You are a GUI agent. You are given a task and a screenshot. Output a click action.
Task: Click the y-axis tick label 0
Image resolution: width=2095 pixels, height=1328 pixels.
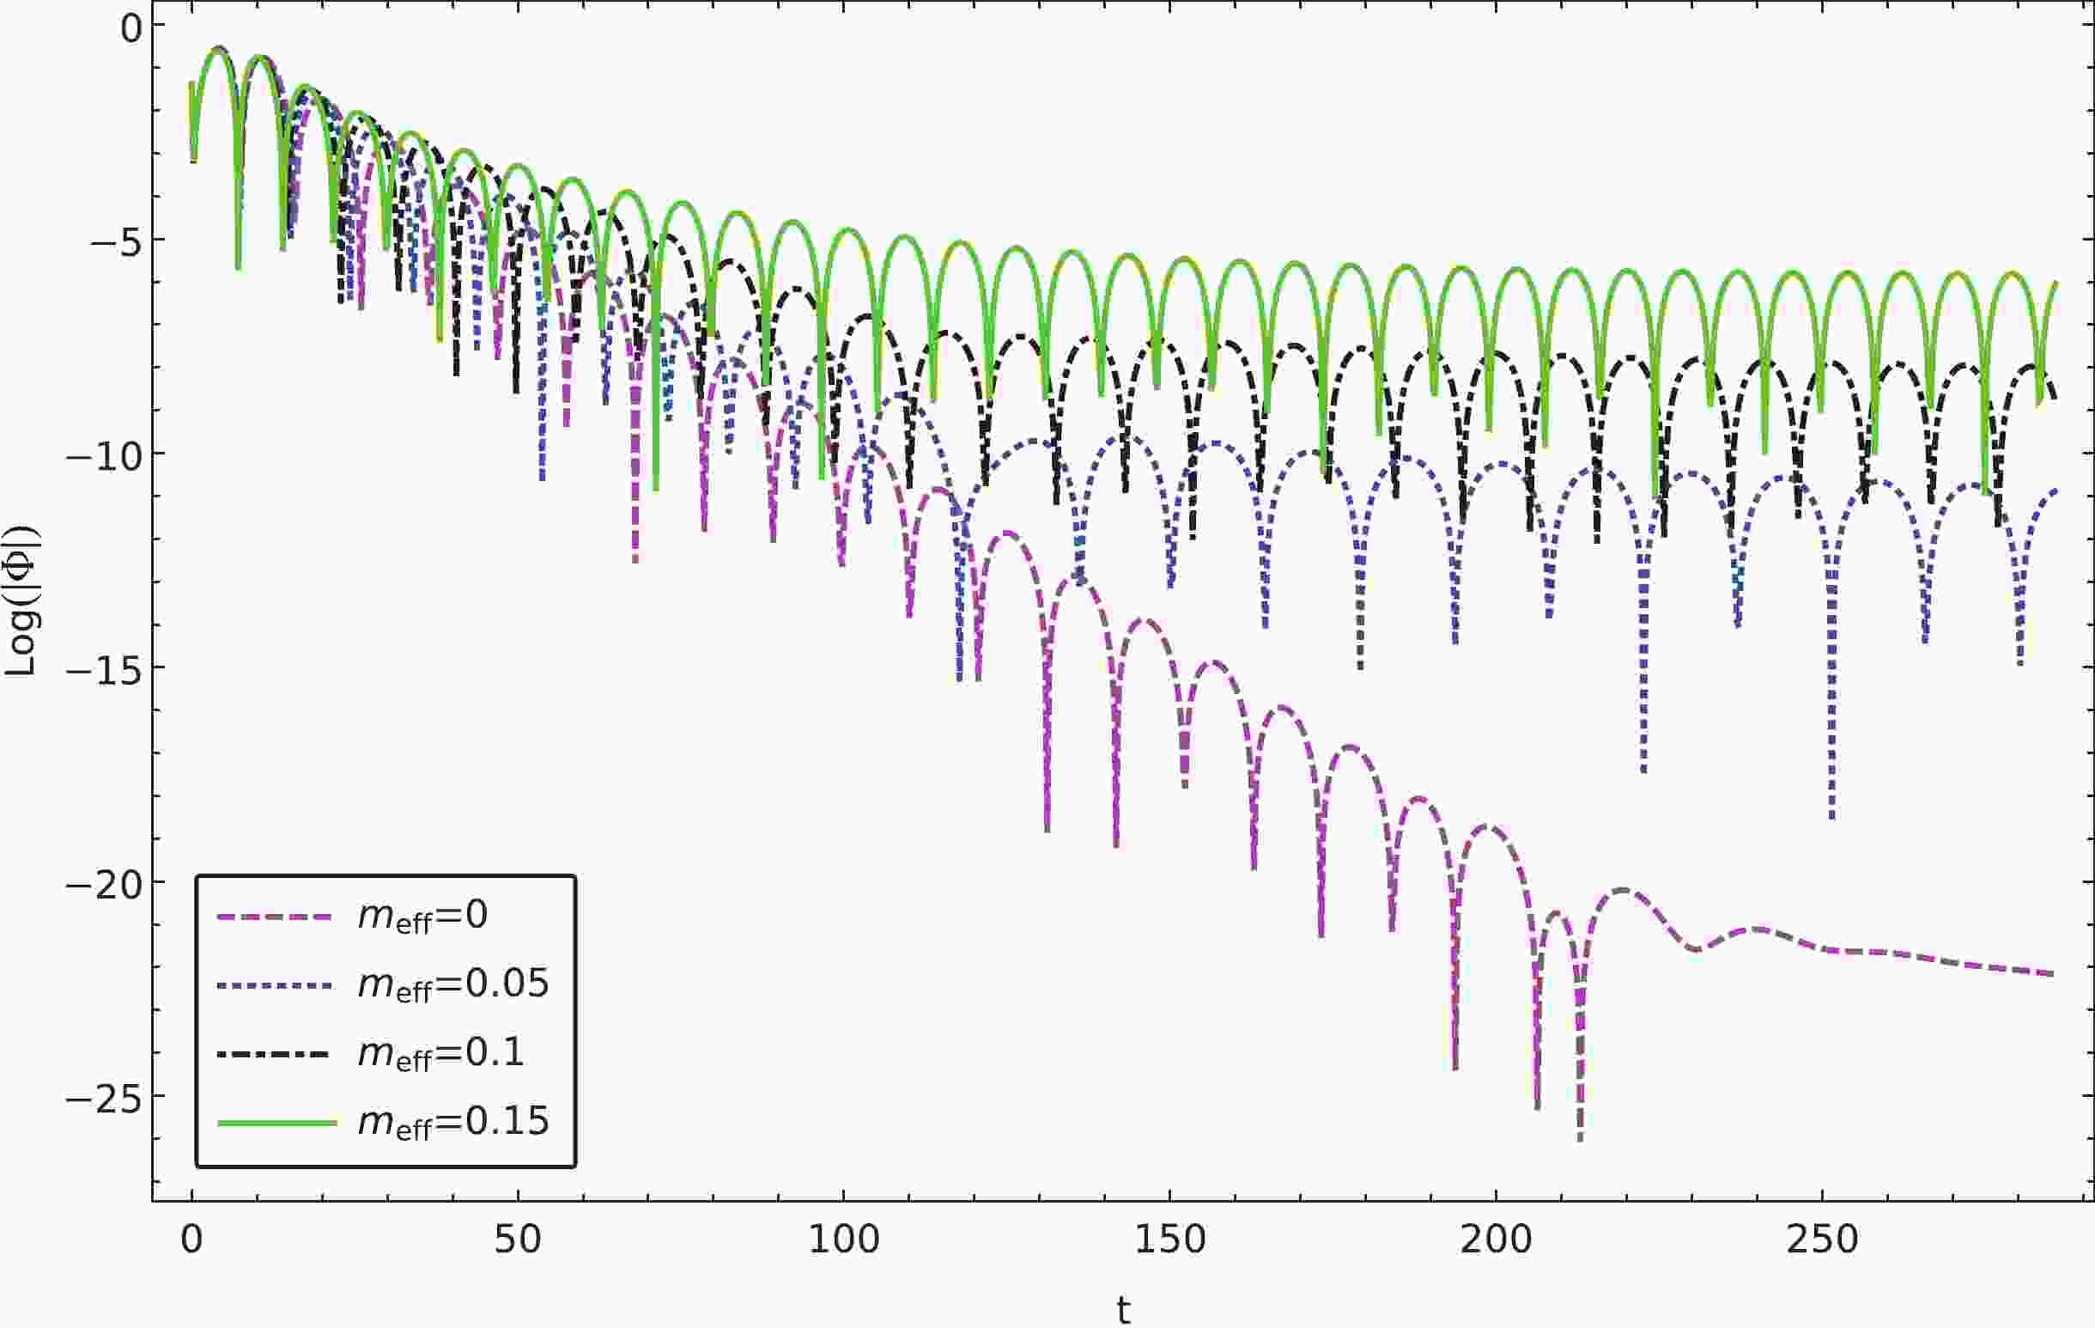131,28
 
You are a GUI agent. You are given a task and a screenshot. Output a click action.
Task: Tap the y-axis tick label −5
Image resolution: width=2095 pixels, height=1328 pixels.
116,241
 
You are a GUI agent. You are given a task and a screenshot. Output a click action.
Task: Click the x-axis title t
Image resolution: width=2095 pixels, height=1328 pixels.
1123,1308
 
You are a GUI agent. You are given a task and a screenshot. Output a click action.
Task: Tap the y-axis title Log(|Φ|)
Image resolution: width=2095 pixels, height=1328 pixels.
21,600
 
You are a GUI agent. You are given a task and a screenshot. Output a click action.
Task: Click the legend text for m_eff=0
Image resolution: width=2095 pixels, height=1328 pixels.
422,917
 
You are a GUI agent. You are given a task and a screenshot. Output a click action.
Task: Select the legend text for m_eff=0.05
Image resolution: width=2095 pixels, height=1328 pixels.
453,985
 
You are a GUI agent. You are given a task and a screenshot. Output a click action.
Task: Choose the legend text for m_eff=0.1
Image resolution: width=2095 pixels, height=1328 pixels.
441,1054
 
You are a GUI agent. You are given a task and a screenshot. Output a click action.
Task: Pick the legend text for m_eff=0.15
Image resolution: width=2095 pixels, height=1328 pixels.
453,1122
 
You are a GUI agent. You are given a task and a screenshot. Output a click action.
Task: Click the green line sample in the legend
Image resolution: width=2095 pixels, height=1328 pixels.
276,1123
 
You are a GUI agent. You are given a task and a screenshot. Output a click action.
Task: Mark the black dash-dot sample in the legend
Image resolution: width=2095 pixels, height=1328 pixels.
276,1054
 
